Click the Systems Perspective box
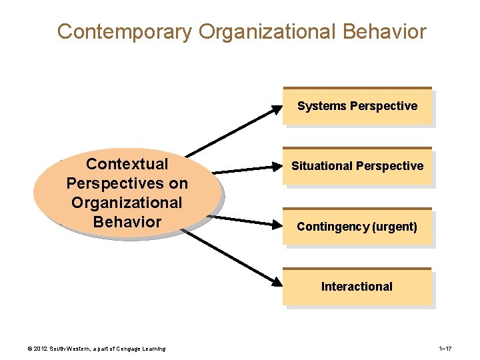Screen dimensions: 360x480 tap(357, 106)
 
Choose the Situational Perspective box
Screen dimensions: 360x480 tap(357, 166)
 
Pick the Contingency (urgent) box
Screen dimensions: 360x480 tap(357, 227)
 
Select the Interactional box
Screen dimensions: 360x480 tap(357, 287)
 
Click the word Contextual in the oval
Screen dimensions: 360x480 tap(127, 164)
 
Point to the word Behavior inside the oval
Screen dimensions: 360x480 tap(127, 221)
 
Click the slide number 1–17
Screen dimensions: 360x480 tap(446, 349)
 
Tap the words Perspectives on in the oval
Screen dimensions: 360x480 tap(127, 183)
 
